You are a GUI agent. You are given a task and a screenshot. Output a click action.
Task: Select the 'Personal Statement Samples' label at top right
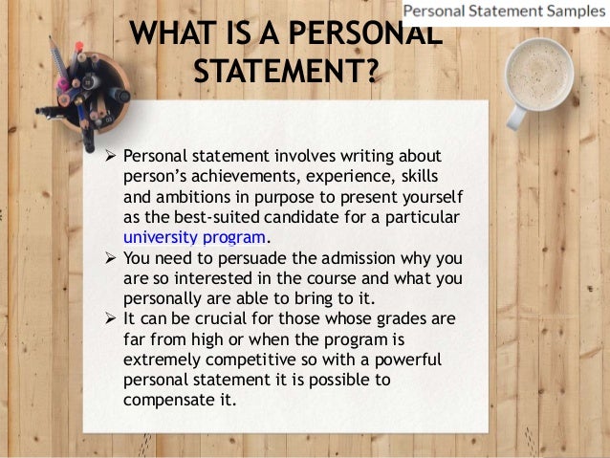pyautogui.click(x=504, y=13)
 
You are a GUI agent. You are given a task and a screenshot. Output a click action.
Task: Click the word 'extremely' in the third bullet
pyautogui.click(x=162, y=359)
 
